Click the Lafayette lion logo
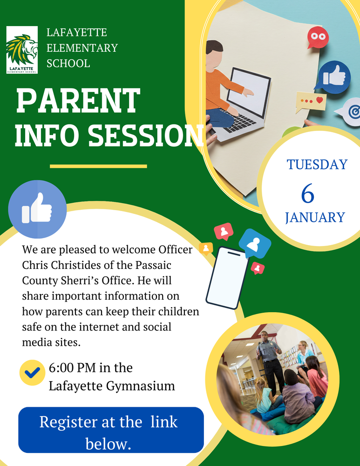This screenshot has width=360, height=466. click(21, 50)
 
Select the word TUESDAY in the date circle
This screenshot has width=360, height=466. click(317, 164)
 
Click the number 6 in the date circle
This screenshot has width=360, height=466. click(307, 194)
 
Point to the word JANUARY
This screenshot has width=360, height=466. click(315, 218)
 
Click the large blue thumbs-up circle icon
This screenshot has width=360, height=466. click(37, 209)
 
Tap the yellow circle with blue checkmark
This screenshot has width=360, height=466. click(32, 372)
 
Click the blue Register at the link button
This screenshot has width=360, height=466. click(111, 430)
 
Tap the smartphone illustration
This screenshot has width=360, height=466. click(227, 278)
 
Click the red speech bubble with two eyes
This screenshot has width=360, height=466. click(318, 38)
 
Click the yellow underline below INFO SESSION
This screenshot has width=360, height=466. click(98, 166)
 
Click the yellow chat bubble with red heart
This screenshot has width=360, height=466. click(311, 101)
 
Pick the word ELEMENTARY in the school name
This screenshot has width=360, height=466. click(82, 48)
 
